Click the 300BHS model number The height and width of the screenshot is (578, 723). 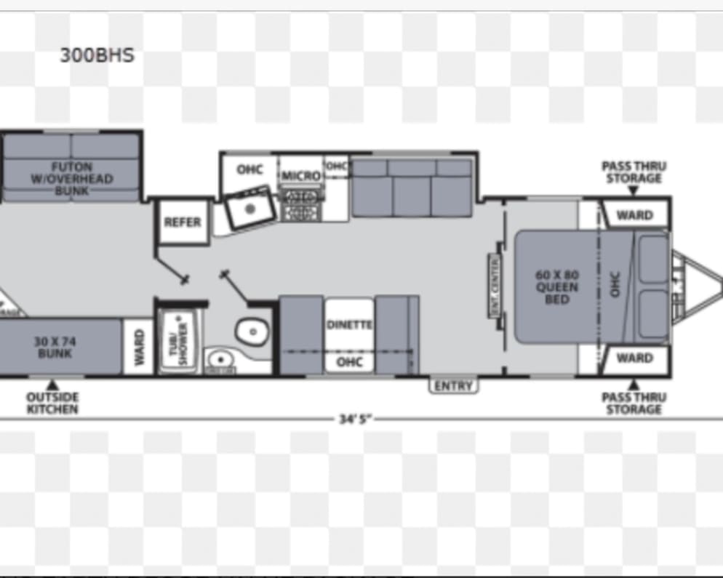[97, 56]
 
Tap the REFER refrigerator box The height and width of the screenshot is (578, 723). [182, 222]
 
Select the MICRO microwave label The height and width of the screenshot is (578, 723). [301, 176]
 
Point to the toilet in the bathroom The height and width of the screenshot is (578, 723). [249, 332]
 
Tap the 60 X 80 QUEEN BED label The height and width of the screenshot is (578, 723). [556, 287]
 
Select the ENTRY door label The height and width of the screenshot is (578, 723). [453, 386]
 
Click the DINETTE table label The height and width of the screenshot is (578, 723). [348, 325]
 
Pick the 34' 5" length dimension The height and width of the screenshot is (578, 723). [356, 420]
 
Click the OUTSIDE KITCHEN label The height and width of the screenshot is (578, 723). [52, 404]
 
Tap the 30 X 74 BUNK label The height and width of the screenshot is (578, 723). [55, 347]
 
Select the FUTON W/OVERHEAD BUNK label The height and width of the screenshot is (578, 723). [71, 179]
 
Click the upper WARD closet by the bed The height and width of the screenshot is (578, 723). [634, 215]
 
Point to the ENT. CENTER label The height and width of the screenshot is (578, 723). [495, 286]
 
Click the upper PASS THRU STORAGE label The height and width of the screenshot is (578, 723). [634, 172]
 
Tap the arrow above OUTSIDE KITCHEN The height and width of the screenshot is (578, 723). [52, 385]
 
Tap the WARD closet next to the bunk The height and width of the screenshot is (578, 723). [138, 348]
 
